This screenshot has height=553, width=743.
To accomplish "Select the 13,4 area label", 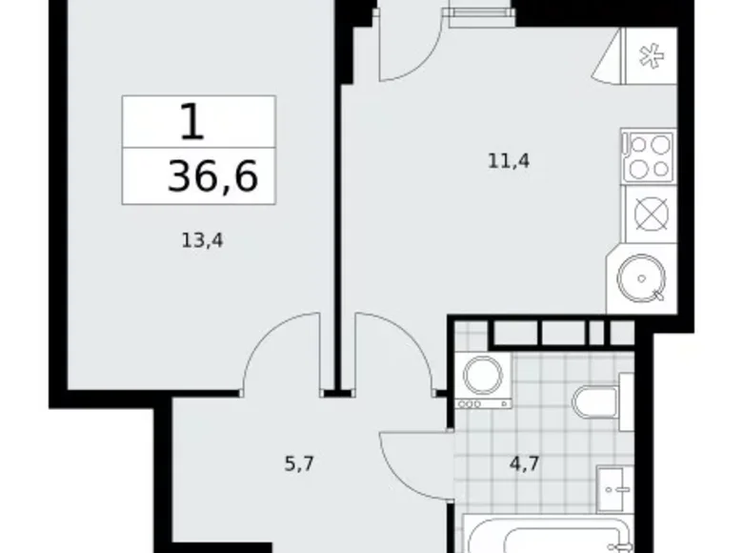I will click(x=201, y=241).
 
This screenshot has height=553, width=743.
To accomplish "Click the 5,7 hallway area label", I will click(x=298, y=465).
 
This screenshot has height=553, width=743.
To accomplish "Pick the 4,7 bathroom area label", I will click(x=524, y=465).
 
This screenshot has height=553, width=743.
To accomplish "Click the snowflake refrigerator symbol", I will click(x=650, y=58).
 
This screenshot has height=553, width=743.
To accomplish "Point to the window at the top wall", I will click(x=478, y=10).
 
